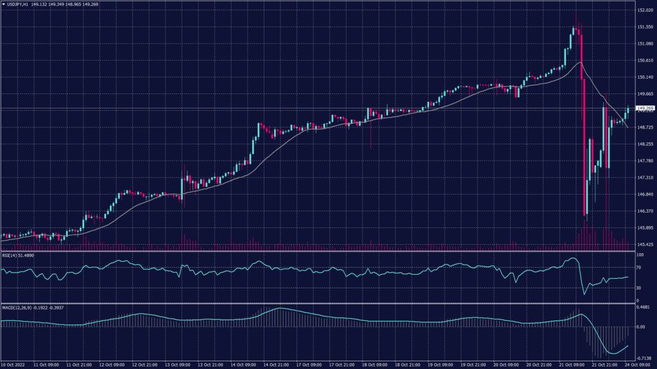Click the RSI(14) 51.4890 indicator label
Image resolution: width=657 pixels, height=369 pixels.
[x=18, y=255]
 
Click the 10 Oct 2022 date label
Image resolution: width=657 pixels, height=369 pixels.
[x=14, y=364]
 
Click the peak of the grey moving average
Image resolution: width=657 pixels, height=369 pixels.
[x=580, y=63]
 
